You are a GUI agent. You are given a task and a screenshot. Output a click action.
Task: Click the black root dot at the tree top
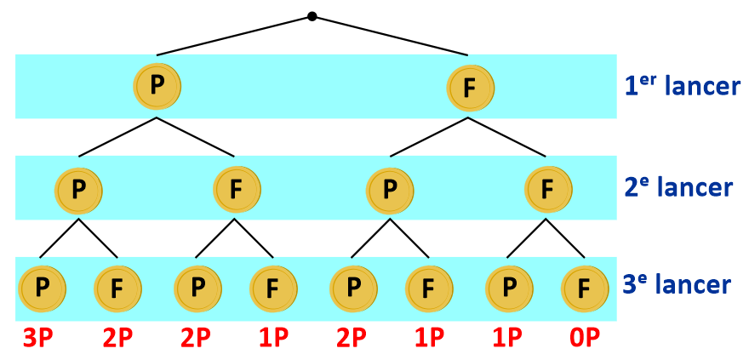312,16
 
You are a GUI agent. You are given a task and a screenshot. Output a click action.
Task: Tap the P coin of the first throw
157,85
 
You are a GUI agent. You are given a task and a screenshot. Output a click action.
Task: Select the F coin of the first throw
469,87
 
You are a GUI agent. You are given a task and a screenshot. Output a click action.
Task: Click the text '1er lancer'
682,86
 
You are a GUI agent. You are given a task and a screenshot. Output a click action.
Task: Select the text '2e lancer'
678,187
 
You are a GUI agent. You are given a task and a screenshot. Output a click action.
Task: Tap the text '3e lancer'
678,284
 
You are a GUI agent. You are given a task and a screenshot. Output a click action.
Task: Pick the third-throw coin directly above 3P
42,289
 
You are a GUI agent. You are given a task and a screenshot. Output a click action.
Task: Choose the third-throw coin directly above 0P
585,289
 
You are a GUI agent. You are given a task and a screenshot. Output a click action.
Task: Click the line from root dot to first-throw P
234,36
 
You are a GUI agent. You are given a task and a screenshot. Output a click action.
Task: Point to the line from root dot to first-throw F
392,36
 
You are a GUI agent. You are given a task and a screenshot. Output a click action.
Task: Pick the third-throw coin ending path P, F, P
197,289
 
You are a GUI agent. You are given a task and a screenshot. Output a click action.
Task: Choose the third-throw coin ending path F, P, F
429,289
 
